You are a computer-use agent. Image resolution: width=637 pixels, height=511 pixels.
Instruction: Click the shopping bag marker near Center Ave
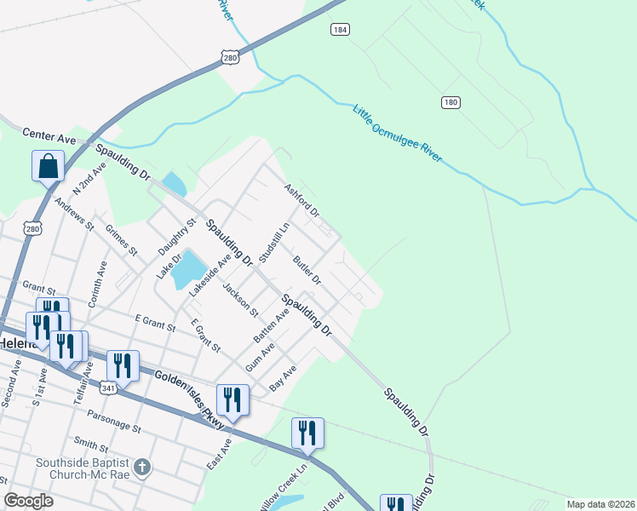(x=49, y=166)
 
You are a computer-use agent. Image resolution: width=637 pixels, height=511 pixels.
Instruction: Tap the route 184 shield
(x=340, y=29)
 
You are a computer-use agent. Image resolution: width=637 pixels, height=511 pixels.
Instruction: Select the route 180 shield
(x=450, y=102)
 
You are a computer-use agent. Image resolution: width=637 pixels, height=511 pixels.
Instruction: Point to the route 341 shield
(x=108, y=388)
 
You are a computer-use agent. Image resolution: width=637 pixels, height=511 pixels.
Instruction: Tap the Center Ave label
(x=49, y=135)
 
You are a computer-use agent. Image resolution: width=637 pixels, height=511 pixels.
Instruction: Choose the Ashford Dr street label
(x=301, y=199)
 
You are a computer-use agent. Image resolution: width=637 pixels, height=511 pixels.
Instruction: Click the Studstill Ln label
(x=274, y=244)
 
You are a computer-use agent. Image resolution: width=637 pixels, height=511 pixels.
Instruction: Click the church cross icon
(x=143, y=467)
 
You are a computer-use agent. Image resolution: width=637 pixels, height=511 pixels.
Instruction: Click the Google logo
(x=29, y=501)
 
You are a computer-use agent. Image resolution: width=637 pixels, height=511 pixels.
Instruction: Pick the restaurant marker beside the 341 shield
(x=123, y=367)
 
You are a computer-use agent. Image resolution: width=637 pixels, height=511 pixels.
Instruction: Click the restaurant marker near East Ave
(x=232, y=400)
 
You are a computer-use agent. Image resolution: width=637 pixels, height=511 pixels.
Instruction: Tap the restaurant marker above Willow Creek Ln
(x=307, y=433)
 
